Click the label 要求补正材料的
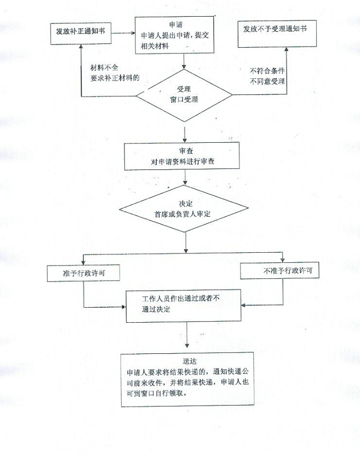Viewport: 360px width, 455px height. pyautogui.click(x=114, y=77)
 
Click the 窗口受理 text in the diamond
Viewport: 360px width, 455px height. pyautogui.click(x=184, y=99)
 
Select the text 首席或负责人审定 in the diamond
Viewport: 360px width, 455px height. pyautogui.click(x=186, y=214)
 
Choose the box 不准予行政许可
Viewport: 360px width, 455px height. pyautogui.click(x=283, y=271)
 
